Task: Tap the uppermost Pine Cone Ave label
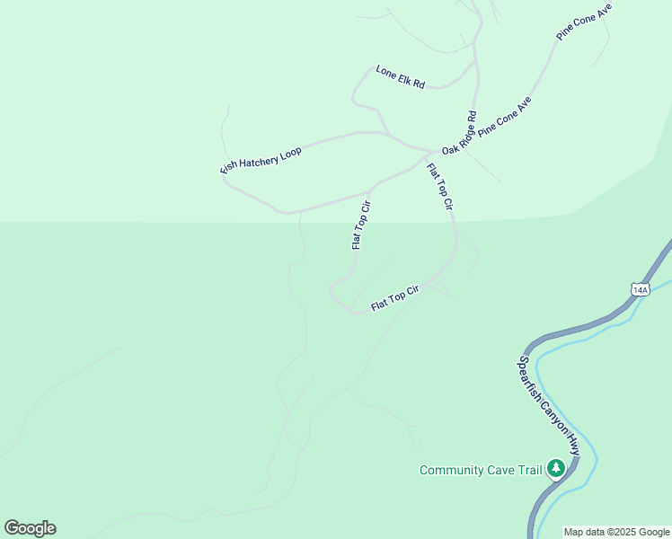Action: [x=584, y=22]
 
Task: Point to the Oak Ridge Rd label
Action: [x=458, y=132]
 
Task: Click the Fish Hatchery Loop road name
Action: [x=261, y=160]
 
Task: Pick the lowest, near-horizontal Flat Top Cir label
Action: [x=395, y=299]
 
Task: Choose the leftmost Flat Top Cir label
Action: [x=361, y=225]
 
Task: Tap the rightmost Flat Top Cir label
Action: [x=439, y=187]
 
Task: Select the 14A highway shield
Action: [x=640, y=289]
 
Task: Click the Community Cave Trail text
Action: [x=481, y=470]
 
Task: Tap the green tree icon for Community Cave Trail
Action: [x=556, y=468]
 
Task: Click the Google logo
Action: [x=30, y=528]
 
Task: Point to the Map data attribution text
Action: [x=616, y=532]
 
